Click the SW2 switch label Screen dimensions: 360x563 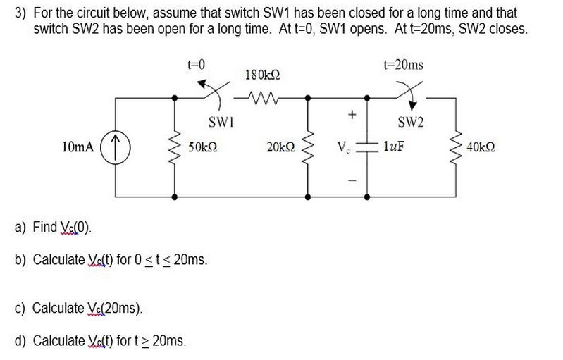point(411,123)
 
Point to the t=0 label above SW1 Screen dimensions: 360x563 point(195,65)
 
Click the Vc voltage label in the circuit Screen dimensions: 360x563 point(342,148)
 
